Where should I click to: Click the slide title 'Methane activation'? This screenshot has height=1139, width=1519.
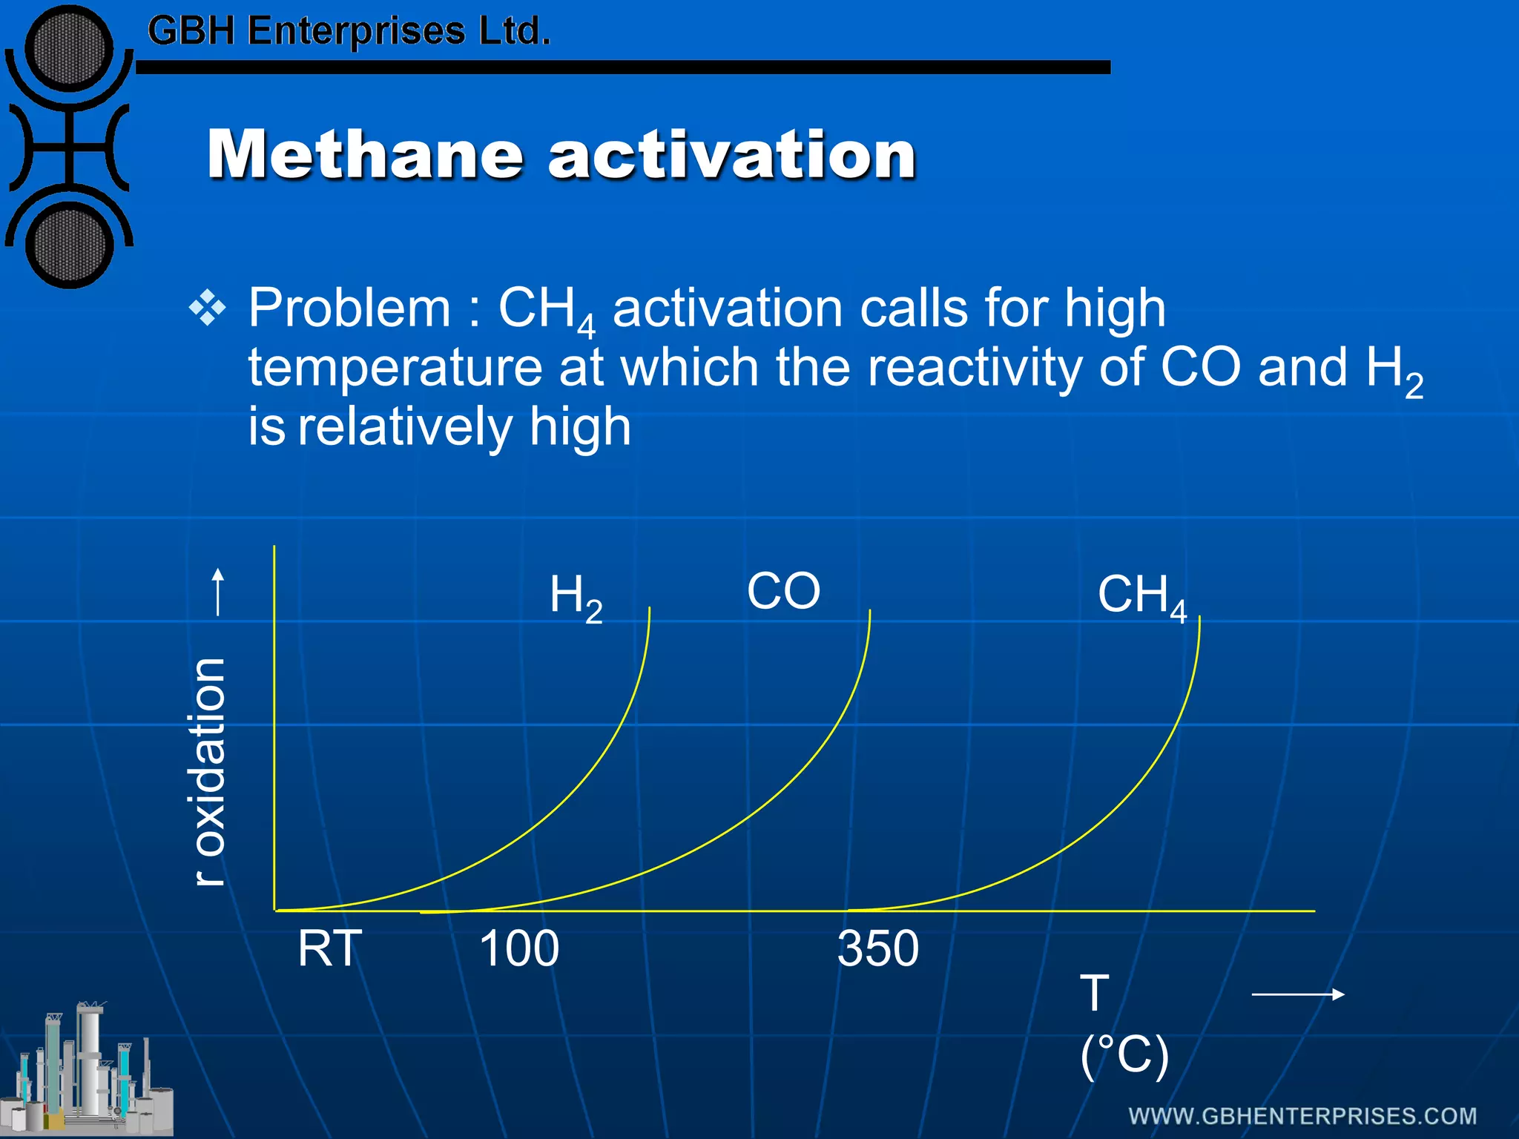tap(561, 154)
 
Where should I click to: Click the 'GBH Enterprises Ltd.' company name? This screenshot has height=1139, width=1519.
tap(349, 31)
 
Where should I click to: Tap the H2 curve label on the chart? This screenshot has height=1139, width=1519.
tap(576, 598)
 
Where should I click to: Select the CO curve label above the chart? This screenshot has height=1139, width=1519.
tap(783, 591)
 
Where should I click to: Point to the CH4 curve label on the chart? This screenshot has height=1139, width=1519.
tap(1141, 596)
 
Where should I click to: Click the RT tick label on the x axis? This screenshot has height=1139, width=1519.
tap(329, 948)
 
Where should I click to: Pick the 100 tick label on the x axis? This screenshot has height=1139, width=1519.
tap(518, 948)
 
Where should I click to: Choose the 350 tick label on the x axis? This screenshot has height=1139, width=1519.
tap(877, 948)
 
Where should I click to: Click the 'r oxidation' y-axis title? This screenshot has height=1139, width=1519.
tap(210, 771)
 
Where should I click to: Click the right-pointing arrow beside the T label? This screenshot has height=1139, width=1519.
tap(1297, 994)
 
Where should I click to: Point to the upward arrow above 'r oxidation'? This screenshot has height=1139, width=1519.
tap(217, 591)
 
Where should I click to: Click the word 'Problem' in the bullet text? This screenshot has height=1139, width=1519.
tap(349, 308)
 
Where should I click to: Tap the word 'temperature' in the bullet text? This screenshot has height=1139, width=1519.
tap(395, 368)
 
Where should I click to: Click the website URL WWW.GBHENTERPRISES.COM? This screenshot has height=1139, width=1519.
tap(1302, 1116)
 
